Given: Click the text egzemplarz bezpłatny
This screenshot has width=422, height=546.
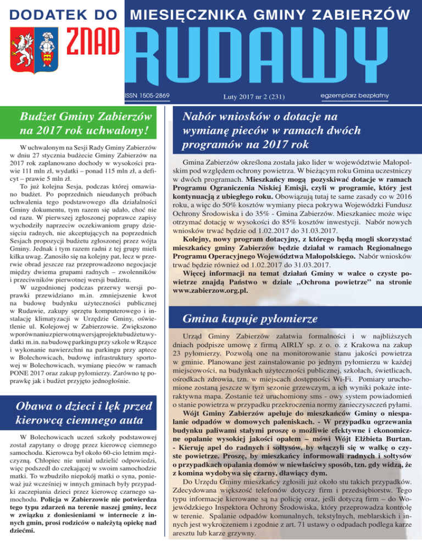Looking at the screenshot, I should coord(354,96).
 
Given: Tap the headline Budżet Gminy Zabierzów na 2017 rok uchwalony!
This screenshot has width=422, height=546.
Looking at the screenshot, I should coord(86,123).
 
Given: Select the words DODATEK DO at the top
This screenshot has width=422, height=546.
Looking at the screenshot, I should coord(61,12).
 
